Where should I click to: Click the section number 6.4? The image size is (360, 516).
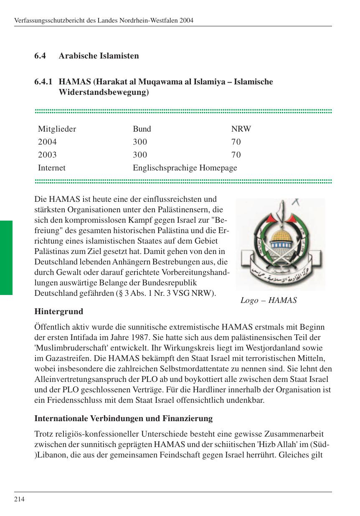coord(40,56)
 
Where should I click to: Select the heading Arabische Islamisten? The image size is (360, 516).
coord(99,56)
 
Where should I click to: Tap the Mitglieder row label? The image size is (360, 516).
coord(57,129)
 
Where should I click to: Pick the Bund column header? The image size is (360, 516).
coord(142,129)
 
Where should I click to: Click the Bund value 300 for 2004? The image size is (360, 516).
coord(140,142)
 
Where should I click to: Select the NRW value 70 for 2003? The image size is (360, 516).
coord(236,155)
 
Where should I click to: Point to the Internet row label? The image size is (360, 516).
coord(52,168)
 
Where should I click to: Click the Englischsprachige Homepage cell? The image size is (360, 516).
coord(185,168)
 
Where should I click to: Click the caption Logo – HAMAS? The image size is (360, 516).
coord(269,300)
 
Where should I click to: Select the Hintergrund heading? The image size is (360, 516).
coord(59,312)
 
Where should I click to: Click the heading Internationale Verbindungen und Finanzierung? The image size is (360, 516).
coord(123,418)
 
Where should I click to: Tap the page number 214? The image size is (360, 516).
coord(20,499)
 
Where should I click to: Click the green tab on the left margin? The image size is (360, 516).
coord(6,258)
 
